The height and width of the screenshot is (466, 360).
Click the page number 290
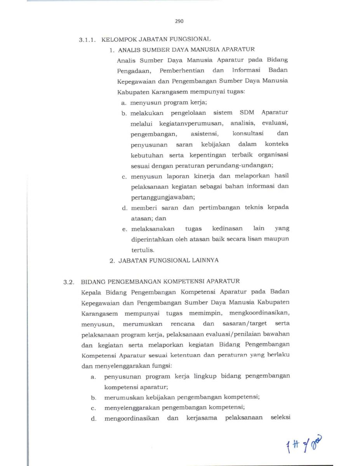[x=179, y=21]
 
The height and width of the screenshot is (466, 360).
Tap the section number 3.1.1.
[x=88, y=40]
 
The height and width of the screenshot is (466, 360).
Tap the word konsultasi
[x=248, y=134]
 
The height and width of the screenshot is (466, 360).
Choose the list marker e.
[x=124, y=229]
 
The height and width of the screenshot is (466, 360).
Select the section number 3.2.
[x=69, y=281]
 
